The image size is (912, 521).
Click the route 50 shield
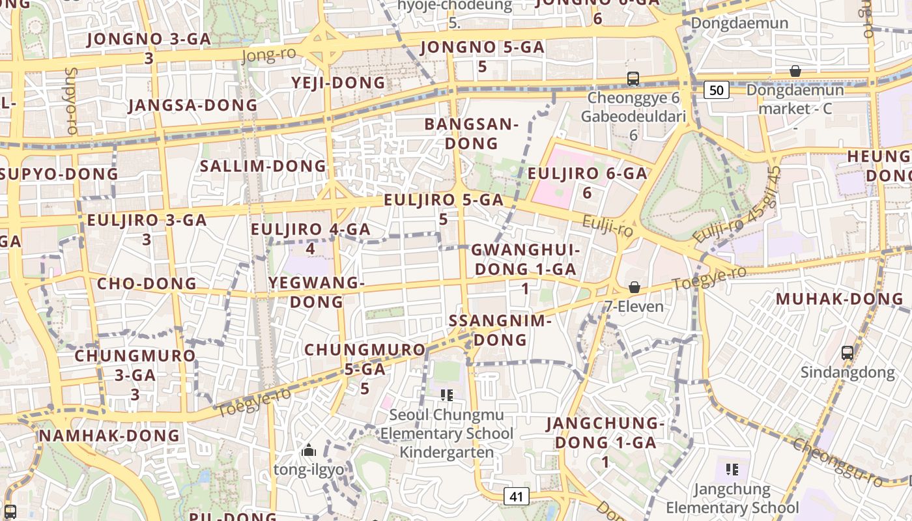(x=716, y=90)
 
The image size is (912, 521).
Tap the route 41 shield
(x=516, y=496)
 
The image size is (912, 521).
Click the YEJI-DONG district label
(x=339, y=83)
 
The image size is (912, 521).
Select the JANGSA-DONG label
(x=193, y=106)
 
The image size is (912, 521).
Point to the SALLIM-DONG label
(x=263, y=166)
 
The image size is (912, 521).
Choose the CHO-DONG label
(x=147, y=284)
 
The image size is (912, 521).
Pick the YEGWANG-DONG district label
(x=317, y=292)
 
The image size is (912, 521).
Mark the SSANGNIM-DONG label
(x=500, y=330)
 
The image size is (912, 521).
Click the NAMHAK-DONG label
(x=109, y=436)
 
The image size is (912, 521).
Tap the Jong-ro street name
(x=268, y=55)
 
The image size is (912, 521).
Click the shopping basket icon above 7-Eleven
(x=634, y=287)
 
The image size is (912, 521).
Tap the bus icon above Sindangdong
(x=847, y=353)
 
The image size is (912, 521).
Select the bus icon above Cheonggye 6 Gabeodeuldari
(x=633, y=79)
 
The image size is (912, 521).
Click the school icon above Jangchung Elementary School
(x=732, y=469)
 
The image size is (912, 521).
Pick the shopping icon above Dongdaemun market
(x=795, y=71)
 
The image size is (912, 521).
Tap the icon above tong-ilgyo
(x=309, y=450)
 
